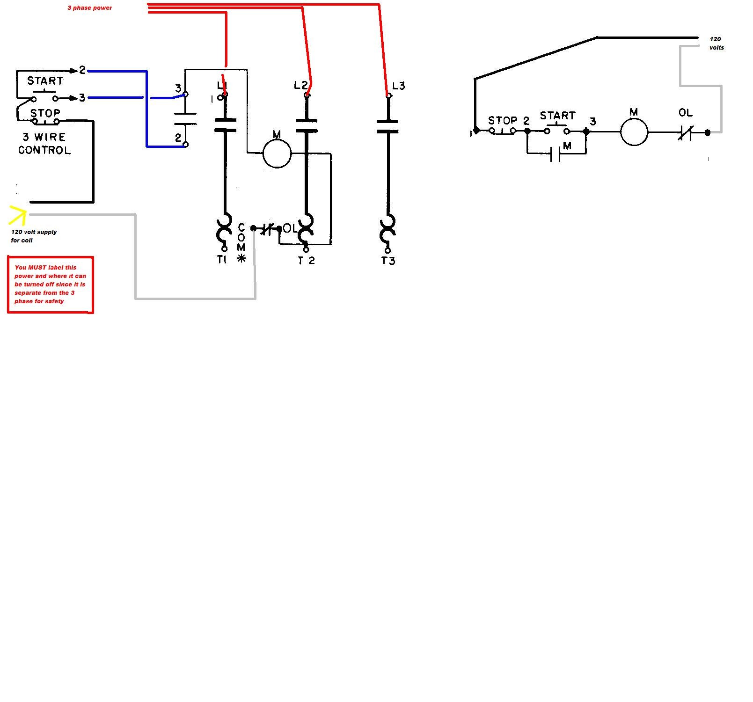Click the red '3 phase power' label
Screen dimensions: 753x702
[89, 8]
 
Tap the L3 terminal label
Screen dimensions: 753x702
[399, 86]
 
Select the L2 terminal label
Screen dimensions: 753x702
[301, 85]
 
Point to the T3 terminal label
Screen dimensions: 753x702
[388, 261]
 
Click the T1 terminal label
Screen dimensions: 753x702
[222, 260]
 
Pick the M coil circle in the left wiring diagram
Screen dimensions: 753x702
[277, 154]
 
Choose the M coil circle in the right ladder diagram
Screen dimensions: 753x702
[634, 132]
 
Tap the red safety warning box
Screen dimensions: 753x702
[51, 285]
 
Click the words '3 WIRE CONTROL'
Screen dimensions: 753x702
[44, 144]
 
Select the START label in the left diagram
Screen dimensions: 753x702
[45, 81]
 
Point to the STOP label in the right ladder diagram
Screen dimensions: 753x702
[503, 120]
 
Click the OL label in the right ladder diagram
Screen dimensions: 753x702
[686, 113]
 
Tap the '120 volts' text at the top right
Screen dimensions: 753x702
[716, 44]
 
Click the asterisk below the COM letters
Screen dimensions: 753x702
[241, 258]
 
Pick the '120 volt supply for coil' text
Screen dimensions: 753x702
[34, 236]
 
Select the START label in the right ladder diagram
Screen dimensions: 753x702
[557, 116]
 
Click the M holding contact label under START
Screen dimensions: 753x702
[568, 146]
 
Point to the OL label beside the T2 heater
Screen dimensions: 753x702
[290, 228]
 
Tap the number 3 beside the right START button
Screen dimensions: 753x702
[593, 122]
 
